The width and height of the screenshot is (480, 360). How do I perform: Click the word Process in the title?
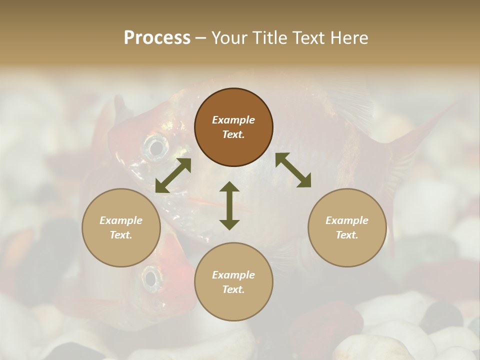pyautogui.click(x=157, y=38)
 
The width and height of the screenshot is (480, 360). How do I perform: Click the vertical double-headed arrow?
pyautogui.click(x=229, y=205)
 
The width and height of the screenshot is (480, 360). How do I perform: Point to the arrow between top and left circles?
pyautogui.click(x=173, y=175)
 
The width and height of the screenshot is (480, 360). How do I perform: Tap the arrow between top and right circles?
pyautogui.click(x=293, y=170)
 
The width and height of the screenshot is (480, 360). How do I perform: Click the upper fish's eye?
pyautogui.click(x=155, y=147)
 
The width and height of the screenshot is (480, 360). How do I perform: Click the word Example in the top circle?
pyautogui.click(x=233, y=120)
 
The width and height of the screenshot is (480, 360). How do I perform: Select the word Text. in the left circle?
pyautogui.click(x=121, y=235)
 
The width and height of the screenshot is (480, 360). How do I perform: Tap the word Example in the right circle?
pyautogui.click(x=347, y=220)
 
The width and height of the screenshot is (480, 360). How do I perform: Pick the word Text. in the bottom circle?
pyautogui.click(x=233, y=289)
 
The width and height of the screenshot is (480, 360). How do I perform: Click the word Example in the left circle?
pyautogui.click(x=121, y=220)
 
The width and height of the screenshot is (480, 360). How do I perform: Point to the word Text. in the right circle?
pyautogui.click(x=347, y=235)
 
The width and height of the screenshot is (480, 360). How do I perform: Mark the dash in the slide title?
pyautogui.click(x=201, y=38)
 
